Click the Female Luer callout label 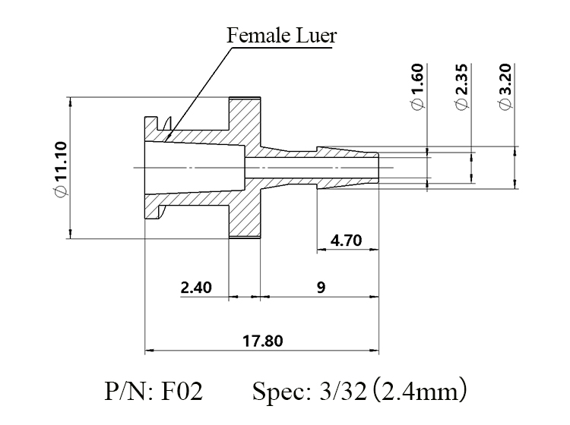(x=282, y=36)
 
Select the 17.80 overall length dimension (x=262, y=342)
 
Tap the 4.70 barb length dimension (x=346, y=241)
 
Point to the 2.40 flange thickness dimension (x=196, y=288)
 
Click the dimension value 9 (x=321, y=288)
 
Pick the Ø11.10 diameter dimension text (x=61, y=169)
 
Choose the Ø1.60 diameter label (x=417, y=87)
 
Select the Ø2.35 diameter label (x=461, y=87)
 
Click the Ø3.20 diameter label (x=505, y=87)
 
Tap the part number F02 (x=181, y=392)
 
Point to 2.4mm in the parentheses (x=420, y=392)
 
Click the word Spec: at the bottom (x=281, y=392)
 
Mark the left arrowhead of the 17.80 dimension (x=149, y=351)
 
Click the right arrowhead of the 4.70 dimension (x=374, y=250)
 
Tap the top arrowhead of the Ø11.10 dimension (x=71, y=102)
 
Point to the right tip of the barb (x=378, y=168)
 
